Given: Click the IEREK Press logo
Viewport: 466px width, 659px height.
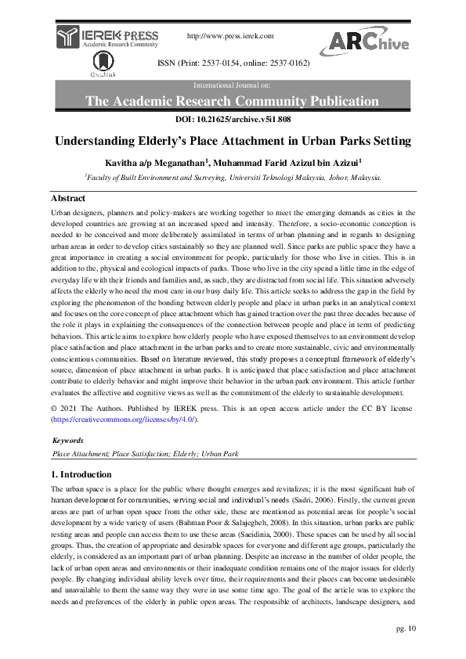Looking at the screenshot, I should tap(107, 36).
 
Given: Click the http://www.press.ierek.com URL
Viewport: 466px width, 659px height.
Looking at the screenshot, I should tap(230, 36).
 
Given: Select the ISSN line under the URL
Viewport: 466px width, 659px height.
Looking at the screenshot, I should tap(233, 62).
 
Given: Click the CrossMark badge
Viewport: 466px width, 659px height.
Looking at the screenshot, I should tap(99, 65).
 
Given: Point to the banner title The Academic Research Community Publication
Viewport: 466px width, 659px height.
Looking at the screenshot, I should tap(232, 101).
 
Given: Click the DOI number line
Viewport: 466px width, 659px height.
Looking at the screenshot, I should tap(233, 120).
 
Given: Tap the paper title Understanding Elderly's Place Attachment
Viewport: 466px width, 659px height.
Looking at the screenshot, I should tap(233, 142).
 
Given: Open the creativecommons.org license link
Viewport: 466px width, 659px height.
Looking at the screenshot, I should tap(124, 420).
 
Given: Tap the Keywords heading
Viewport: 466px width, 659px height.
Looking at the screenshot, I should tap(69, 441).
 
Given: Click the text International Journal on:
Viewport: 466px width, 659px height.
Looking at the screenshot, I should tap(233, 83).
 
